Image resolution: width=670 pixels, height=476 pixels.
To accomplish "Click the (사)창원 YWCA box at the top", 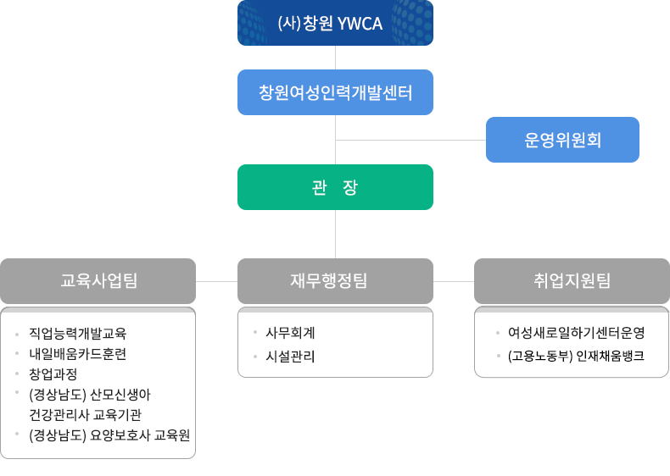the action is click(336, 23).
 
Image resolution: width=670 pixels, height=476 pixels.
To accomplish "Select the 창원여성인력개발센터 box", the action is click(336, 92).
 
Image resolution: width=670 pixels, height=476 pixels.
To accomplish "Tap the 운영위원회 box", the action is click(563, 140).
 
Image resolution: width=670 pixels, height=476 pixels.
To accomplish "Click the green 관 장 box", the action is click(336, 187).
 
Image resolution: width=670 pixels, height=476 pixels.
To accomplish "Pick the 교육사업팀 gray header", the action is click(98, 281).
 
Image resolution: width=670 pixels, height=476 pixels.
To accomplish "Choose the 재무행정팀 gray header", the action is click(336, 281).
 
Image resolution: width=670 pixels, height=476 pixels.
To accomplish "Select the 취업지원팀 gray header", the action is click(572, 281).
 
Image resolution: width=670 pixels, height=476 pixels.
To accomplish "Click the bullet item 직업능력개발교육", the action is click(78, 334).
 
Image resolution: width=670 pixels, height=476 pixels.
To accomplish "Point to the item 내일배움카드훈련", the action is click(78, 354).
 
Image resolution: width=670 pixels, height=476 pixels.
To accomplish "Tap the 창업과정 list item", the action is click(53, 374).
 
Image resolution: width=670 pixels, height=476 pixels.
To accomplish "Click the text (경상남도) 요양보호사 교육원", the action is click(109, 435).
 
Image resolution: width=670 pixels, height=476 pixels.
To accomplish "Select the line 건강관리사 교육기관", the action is click(85, 415).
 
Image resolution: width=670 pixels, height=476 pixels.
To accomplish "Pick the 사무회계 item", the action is click(290, 333).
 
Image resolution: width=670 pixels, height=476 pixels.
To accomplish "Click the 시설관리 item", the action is click(290, 357).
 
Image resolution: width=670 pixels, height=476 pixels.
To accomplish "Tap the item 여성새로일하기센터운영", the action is click(577, 333).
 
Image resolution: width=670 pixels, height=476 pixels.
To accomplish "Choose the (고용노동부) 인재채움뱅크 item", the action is click(576, 356).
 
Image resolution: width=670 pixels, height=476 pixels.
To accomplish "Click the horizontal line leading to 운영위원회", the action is click(410, 140).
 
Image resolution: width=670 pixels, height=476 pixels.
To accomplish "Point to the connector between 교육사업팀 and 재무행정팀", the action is click(216, 281).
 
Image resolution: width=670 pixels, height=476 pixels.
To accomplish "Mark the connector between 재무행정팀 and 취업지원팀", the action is click(454, 281).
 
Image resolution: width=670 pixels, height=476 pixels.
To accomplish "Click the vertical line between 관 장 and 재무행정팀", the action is click(336, 234).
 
